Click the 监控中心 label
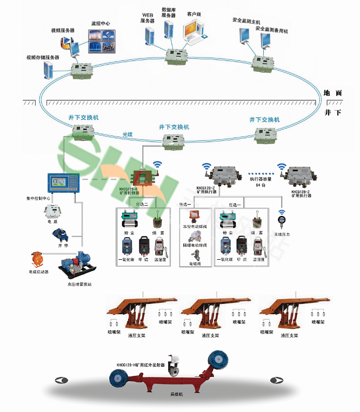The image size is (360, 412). point(101,24)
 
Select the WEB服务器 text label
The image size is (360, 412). point(148,18)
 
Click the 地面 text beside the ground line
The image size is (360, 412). point(333,93)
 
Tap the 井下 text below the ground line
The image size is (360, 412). point(333,113)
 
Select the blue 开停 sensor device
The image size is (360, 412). point(59,234)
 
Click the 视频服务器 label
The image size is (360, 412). point(63,30)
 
